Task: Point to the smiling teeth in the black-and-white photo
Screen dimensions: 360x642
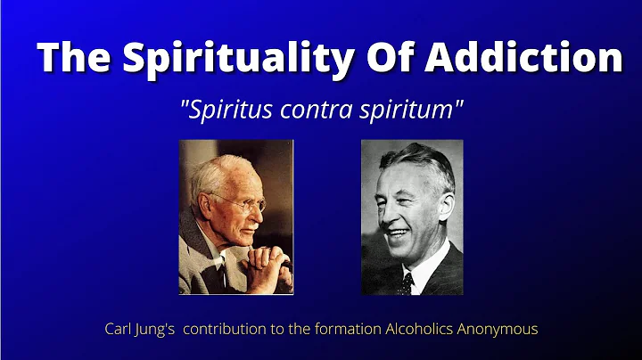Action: [399, 234]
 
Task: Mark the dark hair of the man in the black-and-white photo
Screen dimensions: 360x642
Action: [419, 159]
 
